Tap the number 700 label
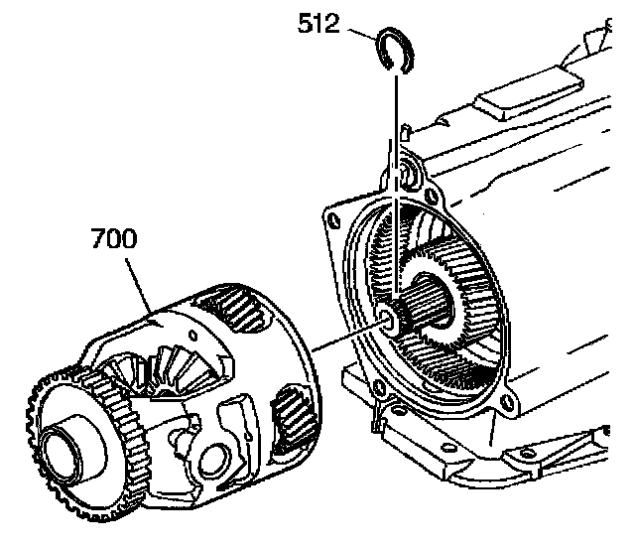pyautogui.click(x=113, y=239)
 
